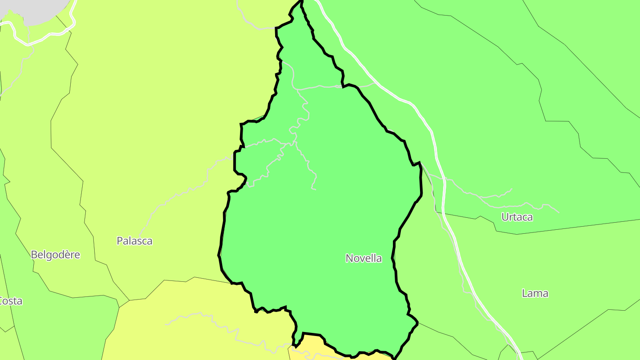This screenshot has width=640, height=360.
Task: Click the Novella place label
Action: [x=364, y=258]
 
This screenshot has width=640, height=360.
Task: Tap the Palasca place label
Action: [x=134, y=241]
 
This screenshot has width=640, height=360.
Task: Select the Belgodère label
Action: [x=56, y=255]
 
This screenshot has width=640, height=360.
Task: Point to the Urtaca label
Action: [x=517, y=217]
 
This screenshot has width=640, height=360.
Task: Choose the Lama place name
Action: [x=535, y=293]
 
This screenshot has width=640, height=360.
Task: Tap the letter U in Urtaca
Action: [x=505, y=217]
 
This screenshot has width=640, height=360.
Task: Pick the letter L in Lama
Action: [x=524, y=293]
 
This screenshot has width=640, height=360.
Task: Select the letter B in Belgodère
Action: [x=34, y=255]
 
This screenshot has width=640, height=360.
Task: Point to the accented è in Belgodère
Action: [x=71, y=255]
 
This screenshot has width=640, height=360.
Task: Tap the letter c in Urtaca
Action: [x=523, y=218]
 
